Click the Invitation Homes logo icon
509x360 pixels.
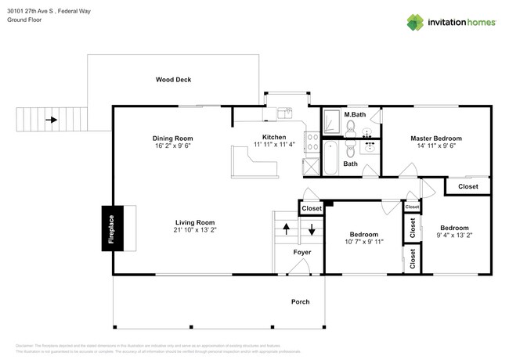click(415, 22)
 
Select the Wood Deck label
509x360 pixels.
click(173, 79)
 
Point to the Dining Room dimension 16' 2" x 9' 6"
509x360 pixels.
click(172, 146)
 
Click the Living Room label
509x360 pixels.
click(194, 221)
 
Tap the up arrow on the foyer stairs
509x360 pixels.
click(286, 229)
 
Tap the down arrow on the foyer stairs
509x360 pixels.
click(312, 229)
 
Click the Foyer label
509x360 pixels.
click(301, 252)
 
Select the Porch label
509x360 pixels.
click(300, 301)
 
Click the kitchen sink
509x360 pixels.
click(285, 113)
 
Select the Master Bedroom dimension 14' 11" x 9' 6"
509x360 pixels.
click(436, 146)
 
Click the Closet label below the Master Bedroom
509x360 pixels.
click(467, 186)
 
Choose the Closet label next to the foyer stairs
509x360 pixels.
click(312, 208)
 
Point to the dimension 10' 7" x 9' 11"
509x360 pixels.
click(363, 243)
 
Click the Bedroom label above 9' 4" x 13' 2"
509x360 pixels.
click(453, 227)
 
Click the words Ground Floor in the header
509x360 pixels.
click(26, 20)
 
